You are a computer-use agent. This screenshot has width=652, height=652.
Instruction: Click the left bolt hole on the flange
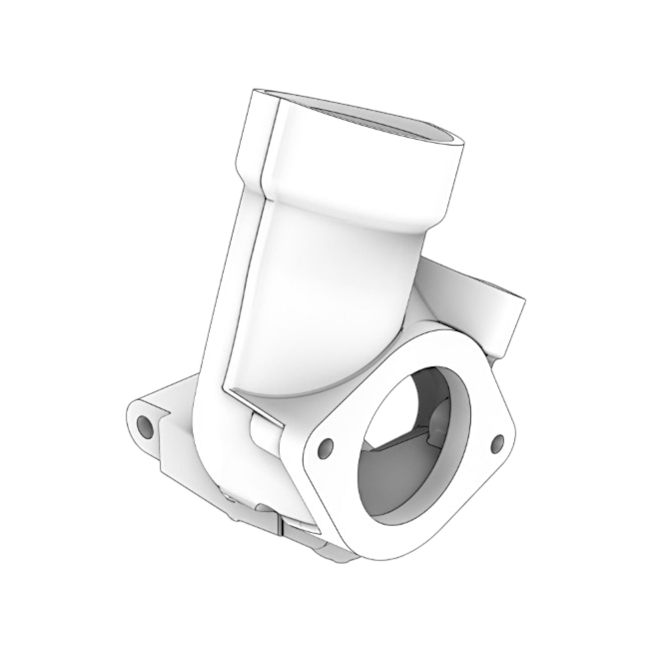tap(324, 446)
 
